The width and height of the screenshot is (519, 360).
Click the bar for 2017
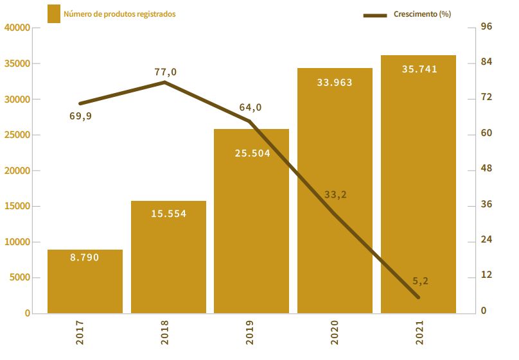pyautogui.click(x=85, y=282)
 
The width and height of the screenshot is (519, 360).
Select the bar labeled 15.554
pyautogui.click(x=168, y=257)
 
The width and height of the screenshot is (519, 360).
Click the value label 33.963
pyautogui.click(x=335, y=82)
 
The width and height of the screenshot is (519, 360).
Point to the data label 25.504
pyautogui.click(x=252, y=153)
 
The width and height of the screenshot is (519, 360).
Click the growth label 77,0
pyautogui.click(x=165, y=72)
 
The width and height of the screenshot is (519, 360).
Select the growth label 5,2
pyautogui.click(x=421, y=280)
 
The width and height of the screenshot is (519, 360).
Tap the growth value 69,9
pyautogui.click(x=80, y=116)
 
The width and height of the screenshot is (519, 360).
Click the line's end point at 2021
pyautogui.click(x=418, y=297)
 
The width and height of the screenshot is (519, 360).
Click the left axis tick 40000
pyautogui.click(x=17, y=28)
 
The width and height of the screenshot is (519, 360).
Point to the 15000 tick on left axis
pyautogui.click(x=17, y=207)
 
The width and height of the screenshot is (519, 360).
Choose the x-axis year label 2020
pyautogui.click(x=334, y=333)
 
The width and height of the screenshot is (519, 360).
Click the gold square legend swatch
pyautogui.click(x=54, y=13)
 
